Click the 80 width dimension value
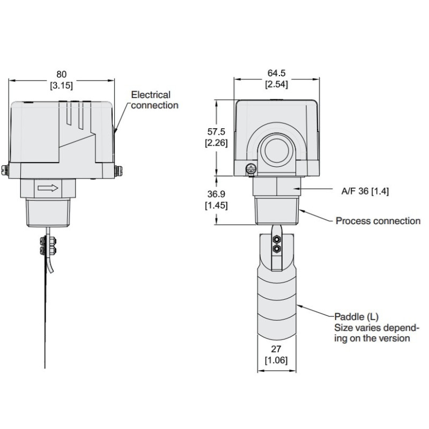coord(62,74)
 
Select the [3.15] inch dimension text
coord(62,85)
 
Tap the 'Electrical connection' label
coord(154,100)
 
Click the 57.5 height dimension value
coord(216,131)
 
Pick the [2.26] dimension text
coord(216,143)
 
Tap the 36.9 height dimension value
coord(216,194)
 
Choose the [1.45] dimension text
coord(216,205)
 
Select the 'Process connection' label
coord(378,221)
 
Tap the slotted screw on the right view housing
coord(250,170)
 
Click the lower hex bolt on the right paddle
coord(276,249)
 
